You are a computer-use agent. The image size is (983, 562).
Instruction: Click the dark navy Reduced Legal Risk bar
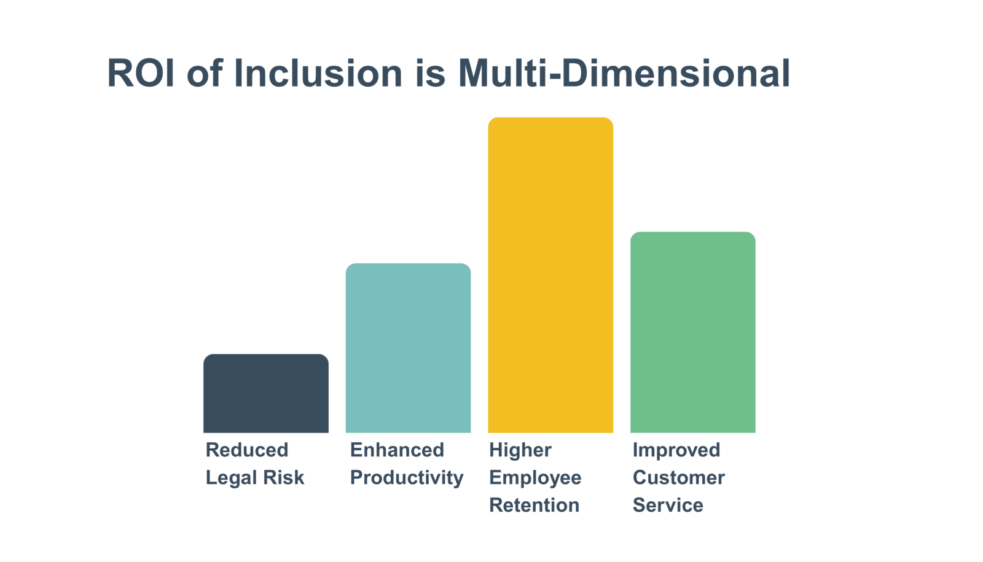click(x=266, y=394)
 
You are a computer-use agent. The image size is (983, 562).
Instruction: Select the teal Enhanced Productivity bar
click(x=408, y=348)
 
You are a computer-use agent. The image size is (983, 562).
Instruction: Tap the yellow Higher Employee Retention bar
click(x=550, y=275)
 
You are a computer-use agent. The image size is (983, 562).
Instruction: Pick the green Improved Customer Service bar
click(x=693, y=332)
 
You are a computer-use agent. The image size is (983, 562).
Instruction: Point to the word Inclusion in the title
click(x=318, y=73)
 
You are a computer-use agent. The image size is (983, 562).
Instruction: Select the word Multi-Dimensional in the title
click(x=624, y=73)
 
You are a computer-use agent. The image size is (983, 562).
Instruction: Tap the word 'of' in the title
click(x=205, y=73)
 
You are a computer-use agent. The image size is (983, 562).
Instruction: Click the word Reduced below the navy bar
click(x=247, y=450)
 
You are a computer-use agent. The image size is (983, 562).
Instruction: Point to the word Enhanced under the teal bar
click(x=397, y=450)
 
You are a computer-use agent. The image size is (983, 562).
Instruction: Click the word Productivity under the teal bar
click(x=407, y=478)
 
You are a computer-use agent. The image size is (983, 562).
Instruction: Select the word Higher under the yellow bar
click(x=520, y=451)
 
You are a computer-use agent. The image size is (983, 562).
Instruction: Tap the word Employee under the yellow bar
click(x=535, y=478)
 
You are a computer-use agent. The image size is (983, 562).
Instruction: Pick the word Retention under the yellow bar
click(x=535, y=505)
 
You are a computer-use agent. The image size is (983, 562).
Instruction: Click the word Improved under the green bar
click(x=676, y=451)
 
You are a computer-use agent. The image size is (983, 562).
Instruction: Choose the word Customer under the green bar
click(x=679, y=477)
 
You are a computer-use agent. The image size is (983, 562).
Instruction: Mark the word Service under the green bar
click(x=668, y=505)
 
